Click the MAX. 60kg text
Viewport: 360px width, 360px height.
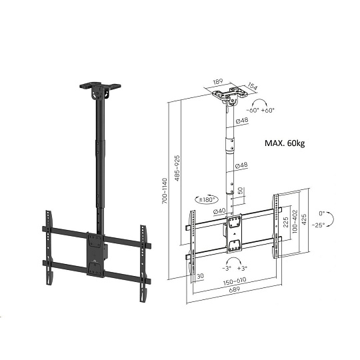coord(285,143)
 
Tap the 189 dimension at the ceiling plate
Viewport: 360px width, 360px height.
coord(218,81)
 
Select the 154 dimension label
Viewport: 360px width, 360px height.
coord(253,87)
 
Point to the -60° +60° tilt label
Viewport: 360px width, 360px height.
coord(261,110)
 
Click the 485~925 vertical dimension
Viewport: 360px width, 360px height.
coord(177,168)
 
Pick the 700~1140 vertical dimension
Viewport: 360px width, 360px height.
coord(165,191)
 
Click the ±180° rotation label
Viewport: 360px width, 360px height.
coord(207,199)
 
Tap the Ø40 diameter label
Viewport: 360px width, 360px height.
coord(220,211)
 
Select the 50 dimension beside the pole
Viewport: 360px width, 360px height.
coord(240,191)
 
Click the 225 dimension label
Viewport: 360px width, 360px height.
coord(285,222)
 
